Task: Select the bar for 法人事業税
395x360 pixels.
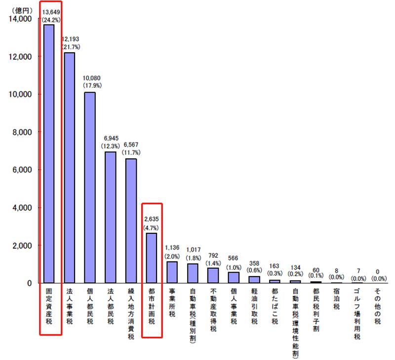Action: [x=70, y=168]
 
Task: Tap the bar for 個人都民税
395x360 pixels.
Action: [x=90, y=187]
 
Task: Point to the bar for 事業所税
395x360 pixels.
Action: [x=172, y=272]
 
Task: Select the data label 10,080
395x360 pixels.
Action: [x=90, y=78]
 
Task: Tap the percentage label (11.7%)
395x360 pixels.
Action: [x=131, y=153]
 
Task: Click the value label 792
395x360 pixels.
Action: [x=213, y=255]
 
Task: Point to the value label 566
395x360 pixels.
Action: [x=233, y=257]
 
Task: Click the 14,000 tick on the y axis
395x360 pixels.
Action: [x=20, y=19]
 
